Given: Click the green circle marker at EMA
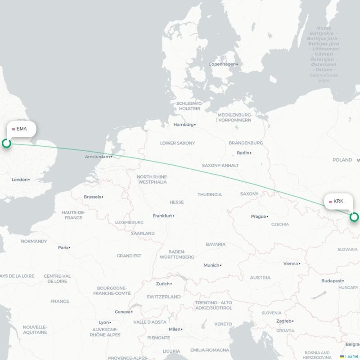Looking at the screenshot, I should point(6,143).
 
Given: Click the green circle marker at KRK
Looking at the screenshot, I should point(354,217).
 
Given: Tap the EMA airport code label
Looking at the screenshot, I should point(21,129).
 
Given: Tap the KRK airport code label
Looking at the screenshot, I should point(338,201).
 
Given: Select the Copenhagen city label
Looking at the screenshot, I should point(222,64).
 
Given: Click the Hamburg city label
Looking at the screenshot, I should point(183,125).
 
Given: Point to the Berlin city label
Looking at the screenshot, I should point(243,153).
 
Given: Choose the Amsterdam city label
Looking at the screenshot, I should point(98,157).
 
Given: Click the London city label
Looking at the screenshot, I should point(20,180).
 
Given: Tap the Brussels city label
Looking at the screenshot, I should point(92,197).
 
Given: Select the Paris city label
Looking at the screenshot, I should point(63,247).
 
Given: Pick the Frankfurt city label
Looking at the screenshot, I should point(162,216).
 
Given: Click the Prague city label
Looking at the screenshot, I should point(258,216).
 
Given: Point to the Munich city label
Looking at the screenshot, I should point(211,265).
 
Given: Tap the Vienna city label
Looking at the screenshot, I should point(291,264).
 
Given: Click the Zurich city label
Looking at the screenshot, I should point(163,284).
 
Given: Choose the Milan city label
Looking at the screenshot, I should point(174,329).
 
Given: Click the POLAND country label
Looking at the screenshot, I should point(342,160).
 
